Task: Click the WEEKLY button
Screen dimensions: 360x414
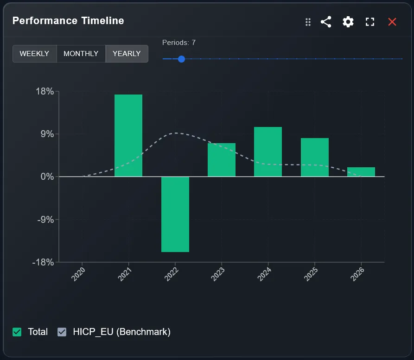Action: coord(34,54)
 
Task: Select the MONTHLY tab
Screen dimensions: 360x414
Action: coord(81,54)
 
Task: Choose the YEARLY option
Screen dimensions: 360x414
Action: coord(127,54)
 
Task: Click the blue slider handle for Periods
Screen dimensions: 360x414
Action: coord(181,59)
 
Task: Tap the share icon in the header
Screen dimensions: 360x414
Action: coord(326,22)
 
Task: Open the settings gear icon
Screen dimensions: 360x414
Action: coord(348,22)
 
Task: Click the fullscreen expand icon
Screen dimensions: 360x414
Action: coord(370,22)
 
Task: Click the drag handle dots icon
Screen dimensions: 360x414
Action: coord(308,22)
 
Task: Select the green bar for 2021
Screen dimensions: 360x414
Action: coord(128,135)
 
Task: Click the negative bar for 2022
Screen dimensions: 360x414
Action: coord(175,214)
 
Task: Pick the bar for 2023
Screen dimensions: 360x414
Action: coord(221,160)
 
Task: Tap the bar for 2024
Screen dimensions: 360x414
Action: coord(268,152)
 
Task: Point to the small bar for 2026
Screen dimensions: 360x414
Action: coord(361,172)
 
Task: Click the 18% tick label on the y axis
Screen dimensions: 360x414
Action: coord(45,91)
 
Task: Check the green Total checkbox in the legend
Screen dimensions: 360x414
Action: coord(17,332)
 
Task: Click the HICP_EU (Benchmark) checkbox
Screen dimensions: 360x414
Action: coord(62,332)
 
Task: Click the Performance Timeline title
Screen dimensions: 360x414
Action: coord(68,21)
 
